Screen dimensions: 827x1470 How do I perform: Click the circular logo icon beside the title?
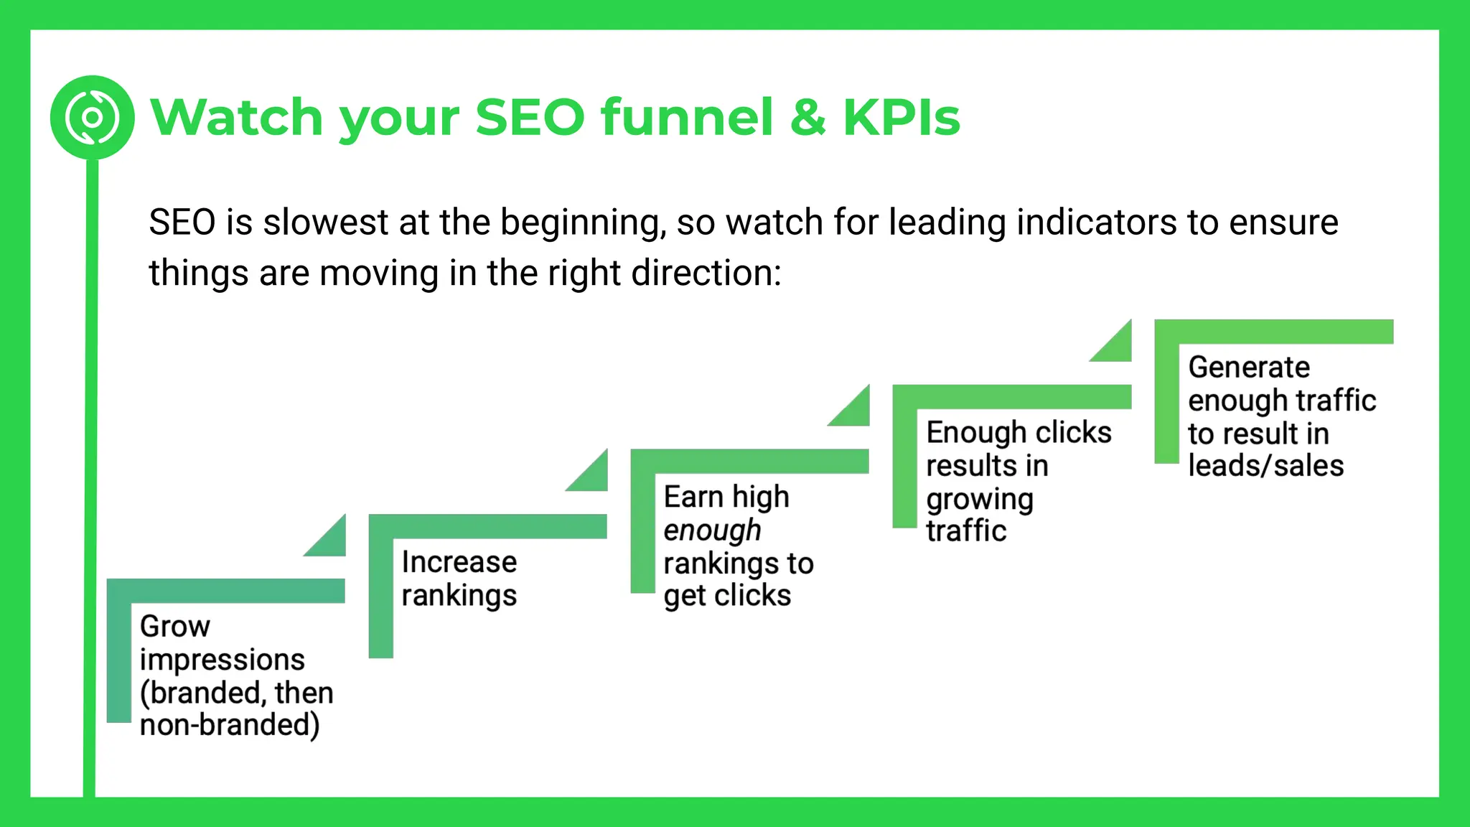pyautogui.click(x=92, y=117)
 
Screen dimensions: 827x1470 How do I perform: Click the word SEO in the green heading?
pyautogui.click(x=530, y=117)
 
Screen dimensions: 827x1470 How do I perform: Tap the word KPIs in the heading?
pyautogui.click(x=901, y=117)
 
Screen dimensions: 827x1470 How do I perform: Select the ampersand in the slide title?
pyautogui.click(x=808, y=117)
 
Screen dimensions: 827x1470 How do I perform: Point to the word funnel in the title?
pyautogui.click(x=687, y=117)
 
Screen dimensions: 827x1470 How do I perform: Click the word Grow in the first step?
pyautogui.click(x=174, y=626)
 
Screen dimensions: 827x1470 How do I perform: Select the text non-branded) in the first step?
pyautogui.click(x=230, y=724)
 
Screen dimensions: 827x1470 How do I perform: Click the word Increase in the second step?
pyautogui.click(x=459, y=561)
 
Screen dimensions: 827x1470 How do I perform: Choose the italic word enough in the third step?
pyautogui.click(x=711, y=531)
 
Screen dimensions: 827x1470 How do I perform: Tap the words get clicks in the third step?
pyautogui.click(x=726, y=596)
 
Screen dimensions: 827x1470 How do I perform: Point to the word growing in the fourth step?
pyautogui.click(x=979, y=499)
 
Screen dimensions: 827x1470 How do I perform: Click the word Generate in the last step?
pyautogui.click(x=1248, y=367)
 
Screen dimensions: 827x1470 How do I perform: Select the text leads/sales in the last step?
pyautogui.click(x=1265, y=466)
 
